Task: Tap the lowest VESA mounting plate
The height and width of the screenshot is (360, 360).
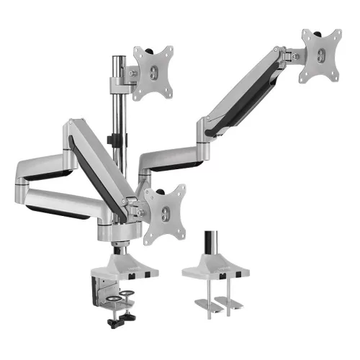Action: pyautogui.click(x=166, y=212)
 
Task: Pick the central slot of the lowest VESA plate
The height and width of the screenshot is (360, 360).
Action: pyautogui.click(x=166, y=214)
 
